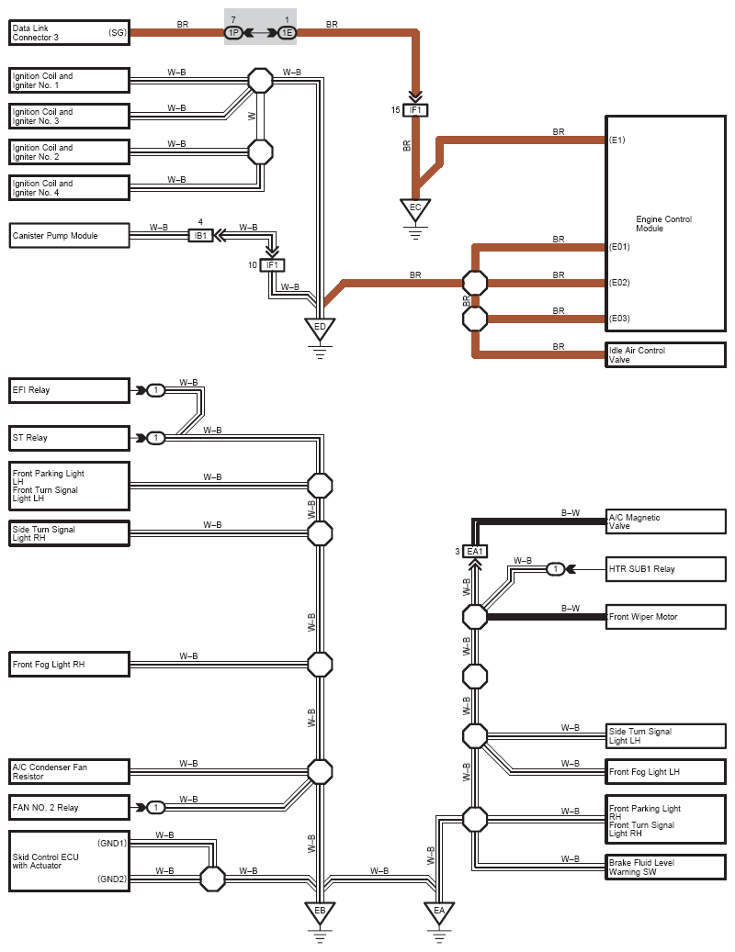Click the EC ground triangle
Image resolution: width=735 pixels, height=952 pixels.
[x=415, y=209]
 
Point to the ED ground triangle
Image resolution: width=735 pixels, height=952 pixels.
[x=320, y=329]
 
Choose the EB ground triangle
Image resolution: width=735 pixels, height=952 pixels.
[x=320, y=912]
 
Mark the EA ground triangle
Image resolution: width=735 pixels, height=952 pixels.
[x=439, y=912]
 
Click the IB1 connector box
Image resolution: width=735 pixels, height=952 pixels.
[x=200, y=236]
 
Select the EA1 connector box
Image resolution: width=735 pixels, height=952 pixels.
[x=475, y=552]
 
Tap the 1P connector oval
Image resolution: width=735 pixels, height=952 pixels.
[x=234, y=33]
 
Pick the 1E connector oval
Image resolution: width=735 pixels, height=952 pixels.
[x=288, y=33]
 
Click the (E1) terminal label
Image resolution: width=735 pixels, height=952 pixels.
[x=617, y=140]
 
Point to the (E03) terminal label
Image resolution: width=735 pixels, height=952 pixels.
[x=619, y=319]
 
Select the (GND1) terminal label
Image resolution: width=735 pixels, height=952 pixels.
[x=112, y=843]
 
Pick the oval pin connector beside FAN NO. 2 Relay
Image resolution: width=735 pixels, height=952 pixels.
[x=156, y=808]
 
